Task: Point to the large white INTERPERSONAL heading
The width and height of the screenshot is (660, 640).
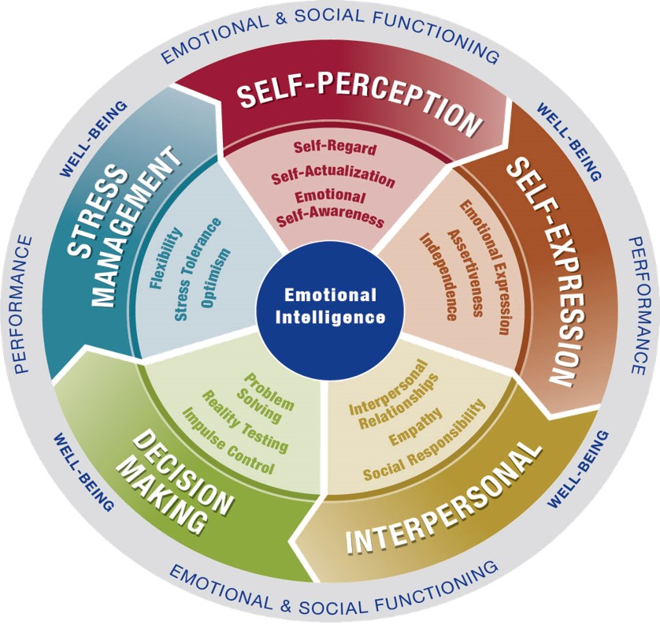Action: point(443,498)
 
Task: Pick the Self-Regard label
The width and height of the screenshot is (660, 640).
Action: point(335,148)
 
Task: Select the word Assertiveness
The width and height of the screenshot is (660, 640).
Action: point(465,273)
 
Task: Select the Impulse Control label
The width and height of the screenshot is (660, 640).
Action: point(228,441)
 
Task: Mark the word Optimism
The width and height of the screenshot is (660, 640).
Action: point(216,278)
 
